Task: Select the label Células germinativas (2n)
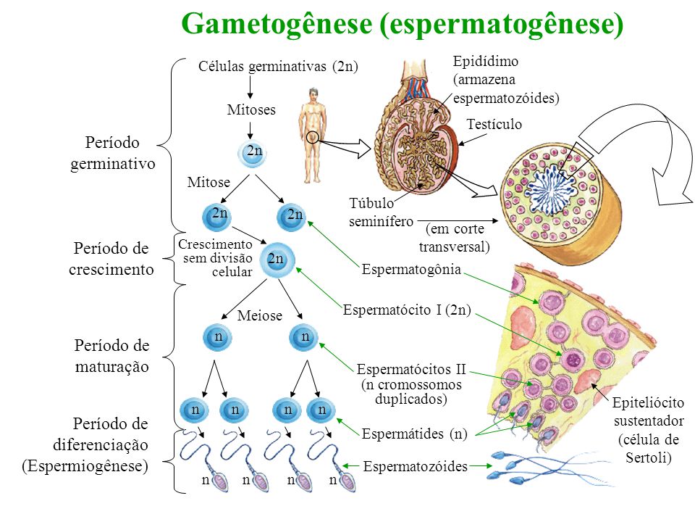click(279, 67)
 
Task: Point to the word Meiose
click(259, 316)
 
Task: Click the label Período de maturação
click(112, 356)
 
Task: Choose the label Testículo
click(494, 124)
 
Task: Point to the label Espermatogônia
click(411, 270)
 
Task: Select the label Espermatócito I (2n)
click(407, 311)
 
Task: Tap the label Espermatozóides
click(416, 467)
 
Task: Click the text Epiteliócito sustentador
click(648, 412)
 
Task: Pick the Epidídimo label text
click(485, 62)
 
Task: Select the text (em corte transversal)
click(455, 238)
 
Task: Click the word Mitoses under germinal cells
click(251, 110)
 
